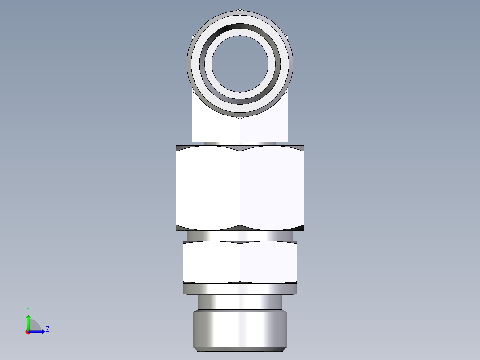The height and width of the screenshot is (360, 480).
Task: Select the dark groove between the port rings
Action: [x=240, y=26]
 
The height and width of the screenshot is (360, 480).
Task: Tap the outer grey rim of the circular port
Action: [x=240, y=15]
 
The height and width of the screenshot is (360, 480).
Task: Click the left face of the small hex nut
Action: [x=212, y=262]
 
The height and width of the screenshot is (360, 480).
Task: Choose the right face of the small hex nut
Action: [x=268, y=262]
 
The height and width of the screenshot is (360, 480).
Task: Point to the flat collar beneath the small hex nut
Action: [x=240, y=289]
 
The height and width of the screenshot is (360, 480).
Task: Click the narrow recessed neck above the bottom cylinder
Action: [x=240, y=303]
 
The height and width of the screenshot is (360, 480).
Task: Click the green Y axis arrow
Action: [x=28, y=321]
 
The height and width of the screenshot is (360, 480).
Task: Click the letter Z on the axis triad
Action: [x=47, y=329]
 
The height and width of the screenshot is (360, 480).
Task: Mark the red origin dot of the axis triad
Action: [x=28, y=332]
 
